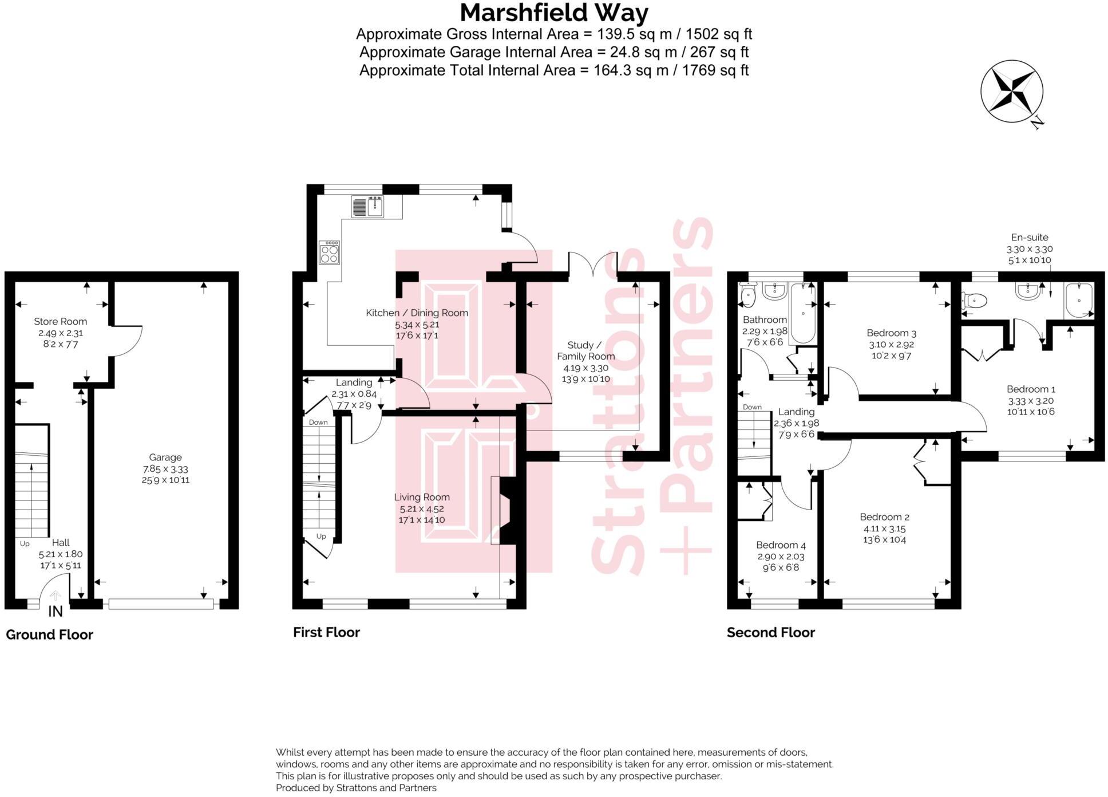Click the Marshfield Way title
[x=553, y=13]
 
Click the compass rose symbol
[x=1011, y=92]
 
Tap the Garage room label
[x=165, y=457]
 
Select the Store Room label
[x=60, y=321]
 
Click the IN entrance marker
[x=56, y=611]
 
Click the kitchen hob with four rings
[x=330, y=252]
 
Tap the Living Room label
[x=422, y=497]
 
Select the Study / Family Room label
[x=586, y=350]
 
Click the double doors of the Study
[x=593, y=265]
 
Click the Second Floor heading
[x=770, y=632]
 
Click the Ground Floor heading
[x=49, y=634]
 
